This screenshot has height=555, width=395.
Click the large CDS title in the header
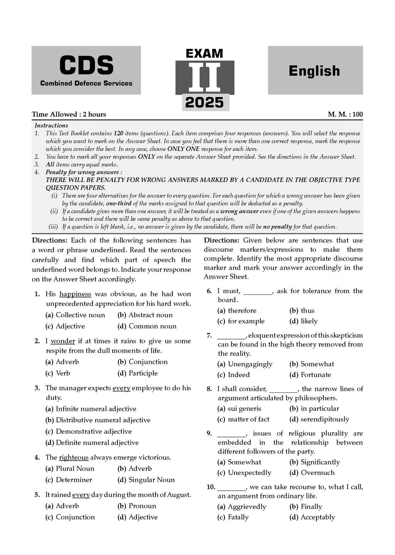click(x=86, y=65)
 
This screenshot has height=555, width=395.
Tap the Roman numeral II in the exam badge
click(x=204, y=77)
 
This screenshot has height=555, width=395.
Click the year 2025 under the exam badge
click(x=204, y=103)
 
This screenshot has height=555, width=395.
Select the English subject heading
click(x=314, y=71)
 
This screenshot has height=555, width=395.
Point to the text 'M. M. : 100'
click(x=345, y=114)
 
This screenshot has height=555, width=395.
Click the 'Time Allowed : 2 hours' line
click(x=69, y=114)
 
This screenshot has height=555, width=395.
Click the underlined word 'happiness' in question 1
click(x=75, y=294)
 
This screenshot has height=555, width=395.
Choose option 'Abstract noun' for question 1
click(x=150, y=315)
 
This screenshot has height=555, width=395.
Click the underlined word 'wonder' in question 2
click(x=63, y=341)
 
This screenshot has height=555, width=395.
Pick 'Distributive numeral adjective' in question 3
click(x=103, y=420)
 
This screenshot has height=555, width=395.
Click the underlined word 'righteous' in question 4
click(x=74, y=457)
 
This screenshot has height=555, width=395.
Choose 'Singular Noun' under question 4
click(x=152, y=480)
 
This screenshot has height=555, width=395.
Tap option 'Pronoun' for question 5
click(x=142, y=506)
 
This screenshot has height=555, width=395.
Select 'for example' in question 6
click(x=246, y=321)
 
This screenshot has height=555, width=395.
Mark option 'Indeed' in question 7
click(x=239, y=375)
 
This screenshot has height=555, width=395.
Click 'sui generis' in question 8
click(x=245, y=409)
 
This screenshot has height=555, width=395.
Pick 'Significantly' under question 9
click(x=320, y=462)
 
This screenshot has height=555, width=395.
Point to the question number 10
click(x=211, y=487)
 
